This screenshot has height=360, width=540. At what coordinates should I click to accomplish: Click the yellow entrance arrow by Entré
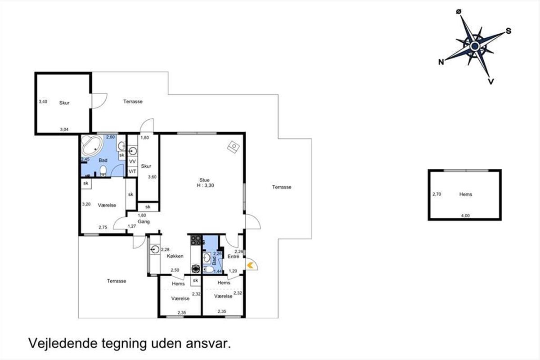point(250,265)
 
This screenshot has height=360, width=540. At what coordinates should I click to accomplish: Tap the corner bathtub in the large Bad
point(92,145)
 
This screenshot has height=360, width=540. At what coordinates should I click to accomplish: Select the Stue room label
point(204,180)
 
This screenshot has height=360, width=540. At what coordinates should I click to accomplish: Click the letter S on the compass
point(508,31)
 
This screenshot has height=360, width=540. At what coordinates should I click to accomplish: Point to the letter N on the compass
point(441,62)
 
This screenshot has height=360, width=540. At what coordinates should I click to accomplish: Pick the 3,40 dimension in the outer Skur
point(43,102)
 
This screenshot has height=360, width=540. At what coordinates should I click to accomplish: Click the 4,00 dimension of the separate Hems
point(465,216)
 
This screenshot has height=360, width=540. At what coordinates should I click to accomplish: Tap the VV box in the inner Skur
point(132,161)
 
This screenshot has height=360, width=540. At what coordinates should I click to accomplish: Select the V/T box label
point(132,171)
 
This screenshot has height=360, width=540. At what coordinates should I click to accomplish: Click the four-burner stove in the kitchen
point(196,240)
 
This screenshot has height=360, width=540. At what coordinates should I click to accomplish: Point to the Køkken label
point(175,256)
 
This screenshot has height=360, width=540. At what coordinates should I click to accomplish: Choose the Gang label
point(144,221)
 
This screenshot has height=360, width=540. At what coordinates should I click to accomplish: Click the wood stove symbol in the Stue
point(234,147)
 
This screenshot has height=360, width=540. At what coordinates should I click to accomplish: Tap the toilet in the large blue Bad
point(103,171)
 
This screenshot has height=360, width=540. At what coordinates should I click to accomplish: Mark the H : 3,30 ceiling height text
point(205,185)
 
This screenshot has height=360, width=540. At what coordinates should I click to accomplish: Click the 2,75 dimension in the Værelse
point(103,227)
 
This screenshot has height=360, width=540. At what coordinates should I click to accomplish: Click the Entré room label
point(234,256)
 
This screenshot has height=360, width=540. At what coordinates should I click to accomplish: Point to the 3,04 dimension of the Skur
point(64,130)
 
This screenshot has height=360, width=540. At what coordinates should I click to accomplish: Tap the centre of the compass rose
point(475,46)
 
